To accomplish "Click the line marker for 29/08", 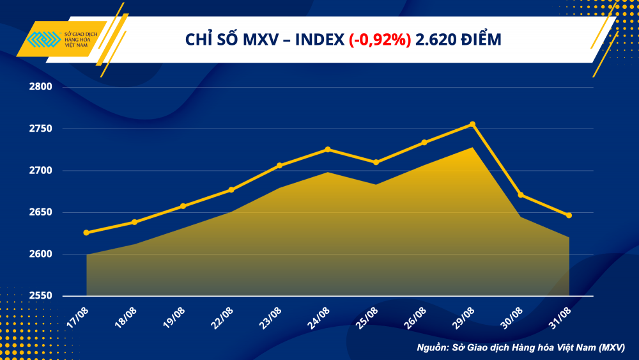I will click(472, 124).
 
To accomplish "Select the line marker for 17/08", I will click(86, 233).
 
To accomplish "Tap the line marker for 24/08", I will click(328, 150).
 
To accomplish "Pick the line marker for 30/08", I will click(521, 195).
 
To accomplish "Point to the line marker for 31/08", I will click(569, 215).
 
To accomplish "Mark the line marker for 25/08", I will click(376, 162).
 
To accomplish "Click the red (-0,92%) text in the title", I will click(380, 40).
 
